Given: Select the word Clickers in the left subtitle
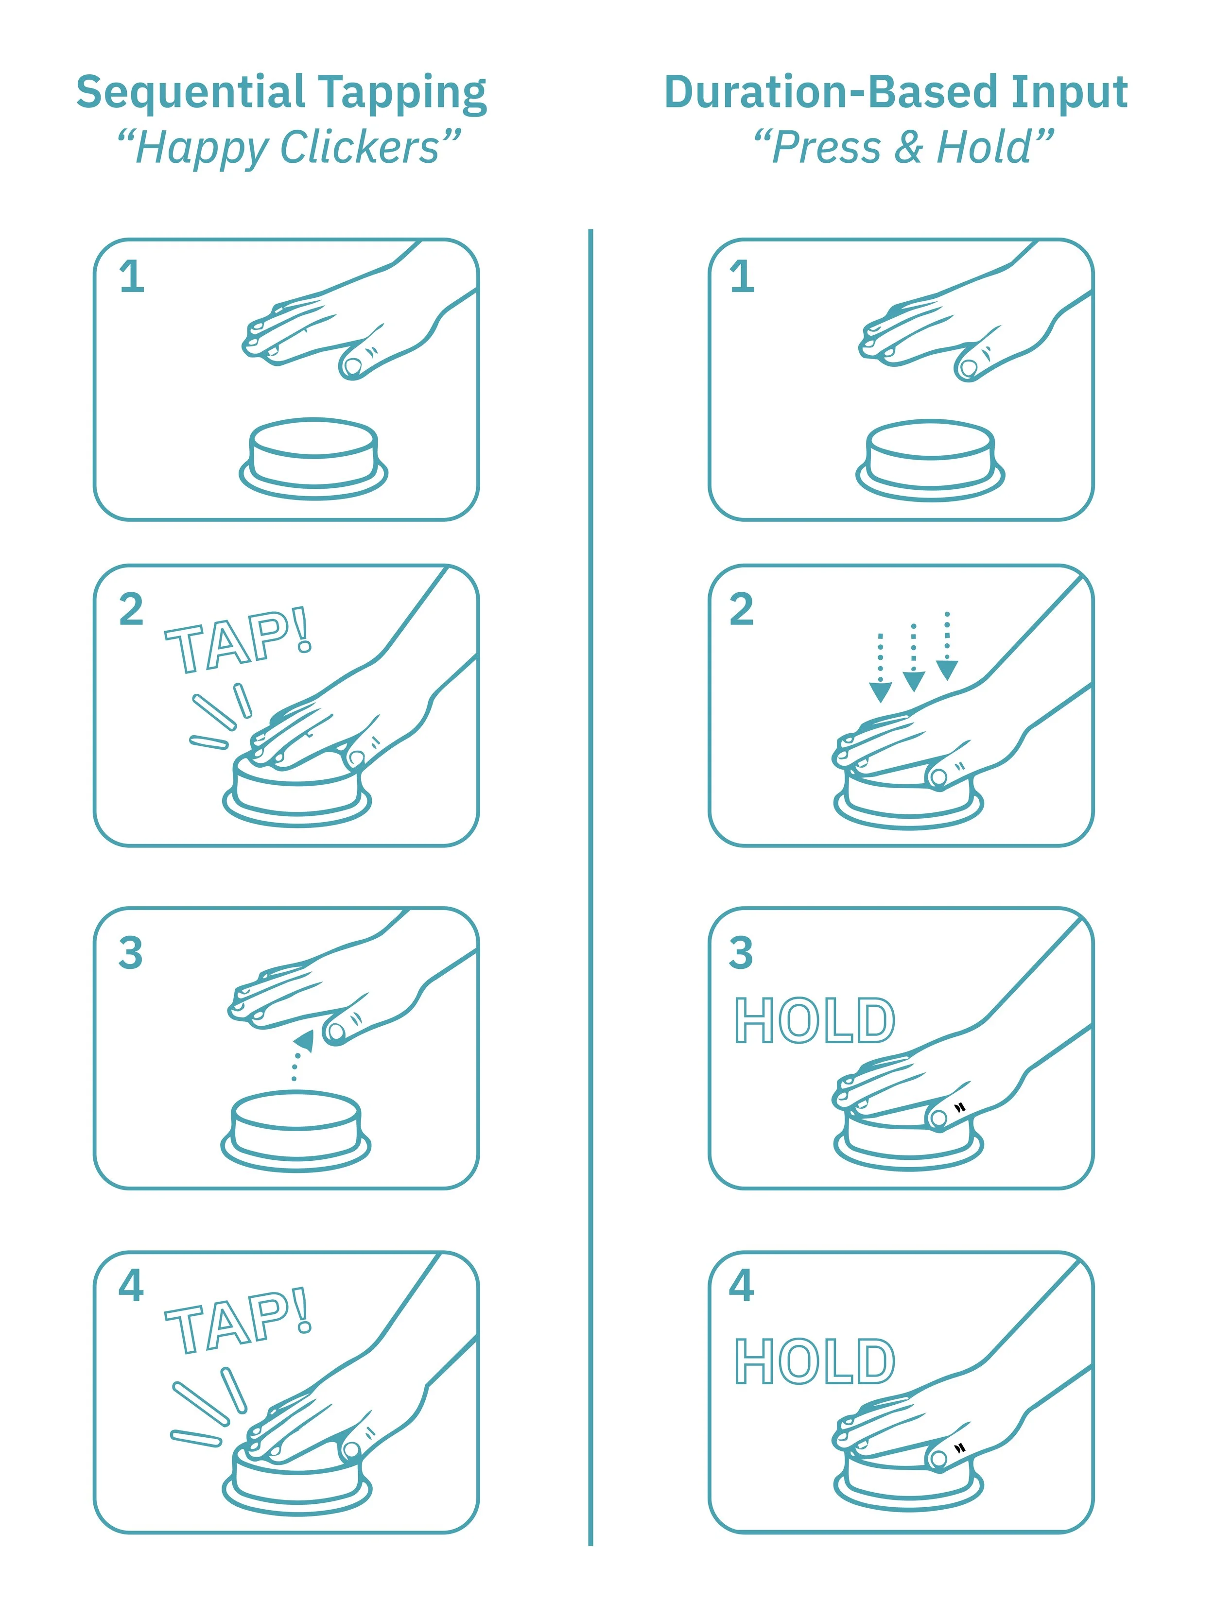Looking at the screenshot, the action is (360, 148).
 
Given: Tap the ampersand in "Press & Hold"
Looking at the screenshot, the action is (909, 148).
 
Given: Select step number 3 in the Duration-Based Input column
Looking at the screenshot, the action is (742, 952).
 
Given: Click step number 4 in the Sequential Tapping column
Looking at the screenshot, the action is (132, 1286).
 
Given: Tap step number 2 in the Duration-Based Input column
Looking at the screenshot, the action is (742, 609).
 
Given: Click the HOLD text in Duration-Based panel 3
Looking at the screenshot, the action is (815, 1020).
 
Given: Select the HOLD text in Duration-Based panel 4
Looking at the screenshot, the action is (815, 1360).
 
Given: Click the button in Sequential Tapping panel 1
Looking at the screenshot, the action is (313, 458).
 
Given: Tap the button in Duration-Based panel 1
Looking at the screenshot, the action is (930, 460).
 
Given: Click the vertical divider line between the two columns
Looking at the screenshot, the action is (591, 887).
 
